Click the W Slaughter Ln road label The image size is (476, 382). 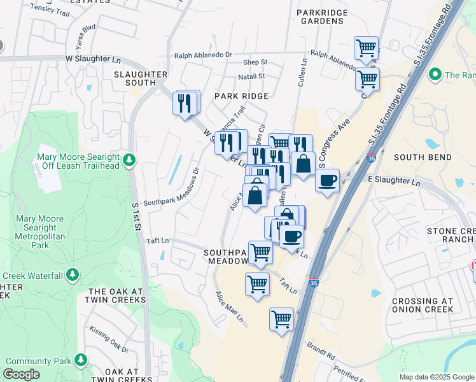[x=93, y=59]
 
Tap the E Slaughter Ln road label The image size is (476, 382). [x=395, y=181]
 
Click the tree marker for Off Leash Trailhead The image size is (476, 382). [x=129, y=159]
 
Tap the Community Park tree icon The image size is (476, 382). [x=80, y=360]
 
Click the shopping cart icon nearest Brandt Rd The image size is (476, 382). [x=281, y=319]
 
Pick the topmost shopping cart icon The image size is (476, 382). [x=366, y=47]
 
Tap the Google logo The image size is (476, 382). [x=21, y=374]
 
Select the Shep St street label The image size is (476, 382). [x=255, y=62]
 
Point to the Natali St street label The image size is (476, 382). [x=251, y=76]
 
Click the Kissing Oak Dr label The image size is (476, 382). [x=109, y=340]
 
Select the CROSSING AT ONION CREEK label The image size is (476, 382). [x=423, y=305]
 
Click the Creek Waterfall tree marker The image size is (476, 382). [x=73, y=275]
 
